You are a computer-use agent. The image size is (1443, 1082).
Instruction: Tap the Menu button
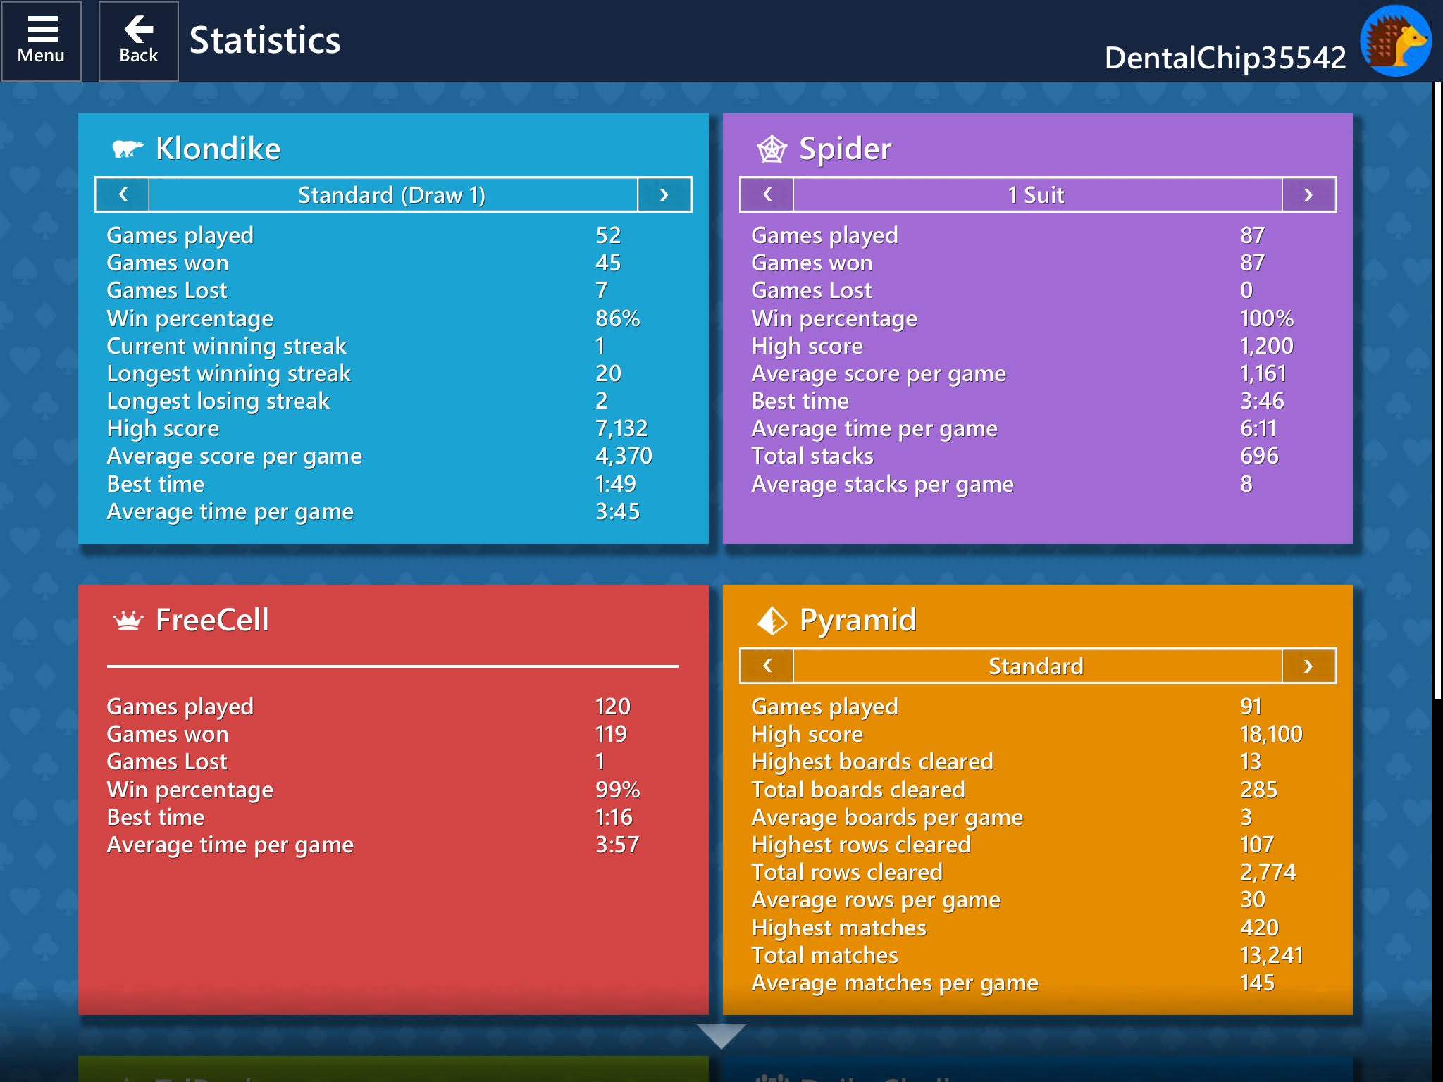pos(41,41)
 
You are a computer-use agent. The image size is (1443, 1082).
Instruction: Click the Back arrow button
pos(138,41)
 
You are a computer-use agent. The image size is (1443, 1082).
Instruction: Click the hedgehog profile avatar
pos(1395,41)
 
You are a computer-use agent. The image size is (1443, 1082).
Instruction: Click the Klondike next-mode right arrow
pos(664,194)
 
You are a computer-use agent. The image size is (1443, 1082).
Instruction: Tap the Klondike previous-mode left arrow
pos(123,194)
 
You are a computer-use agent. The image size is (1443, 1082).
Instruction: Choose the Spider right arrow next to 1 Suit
pos(1308,194)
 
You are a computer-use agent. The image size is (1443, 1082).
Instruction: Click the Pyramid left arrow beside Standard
pos(767,666)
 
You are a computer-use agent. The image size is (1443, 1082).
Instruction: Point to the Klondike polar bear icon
pos(128,149)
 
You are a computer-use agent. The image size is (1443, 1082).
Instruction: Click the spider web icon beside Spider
pos(772,149)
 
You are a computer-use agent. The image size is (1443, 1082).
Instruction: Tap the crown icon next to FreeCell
pos(128,621)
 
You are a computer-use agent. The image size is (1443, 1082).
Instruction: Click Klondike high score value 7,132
pos(621,428)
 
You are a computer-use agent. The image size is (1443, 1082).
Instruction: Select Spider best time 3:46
pos(1262,401)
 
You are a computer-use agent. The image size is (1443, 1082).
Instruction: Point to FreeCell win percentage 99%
pos(617,790)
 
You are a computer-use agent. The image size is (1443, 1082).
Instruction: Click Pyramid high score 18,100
pos(1271,734)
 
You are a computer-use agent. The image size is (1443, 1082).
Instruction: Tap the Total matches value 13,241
pos(1271,955)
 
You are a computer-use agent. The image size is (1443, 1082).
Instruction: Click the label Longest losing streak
pos(218,401)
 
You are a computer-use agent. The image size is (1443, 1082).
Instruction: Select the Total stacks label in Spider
pos(812,456)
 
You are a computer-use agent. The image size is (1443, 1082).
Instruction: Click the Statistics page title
pos(265,41)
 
